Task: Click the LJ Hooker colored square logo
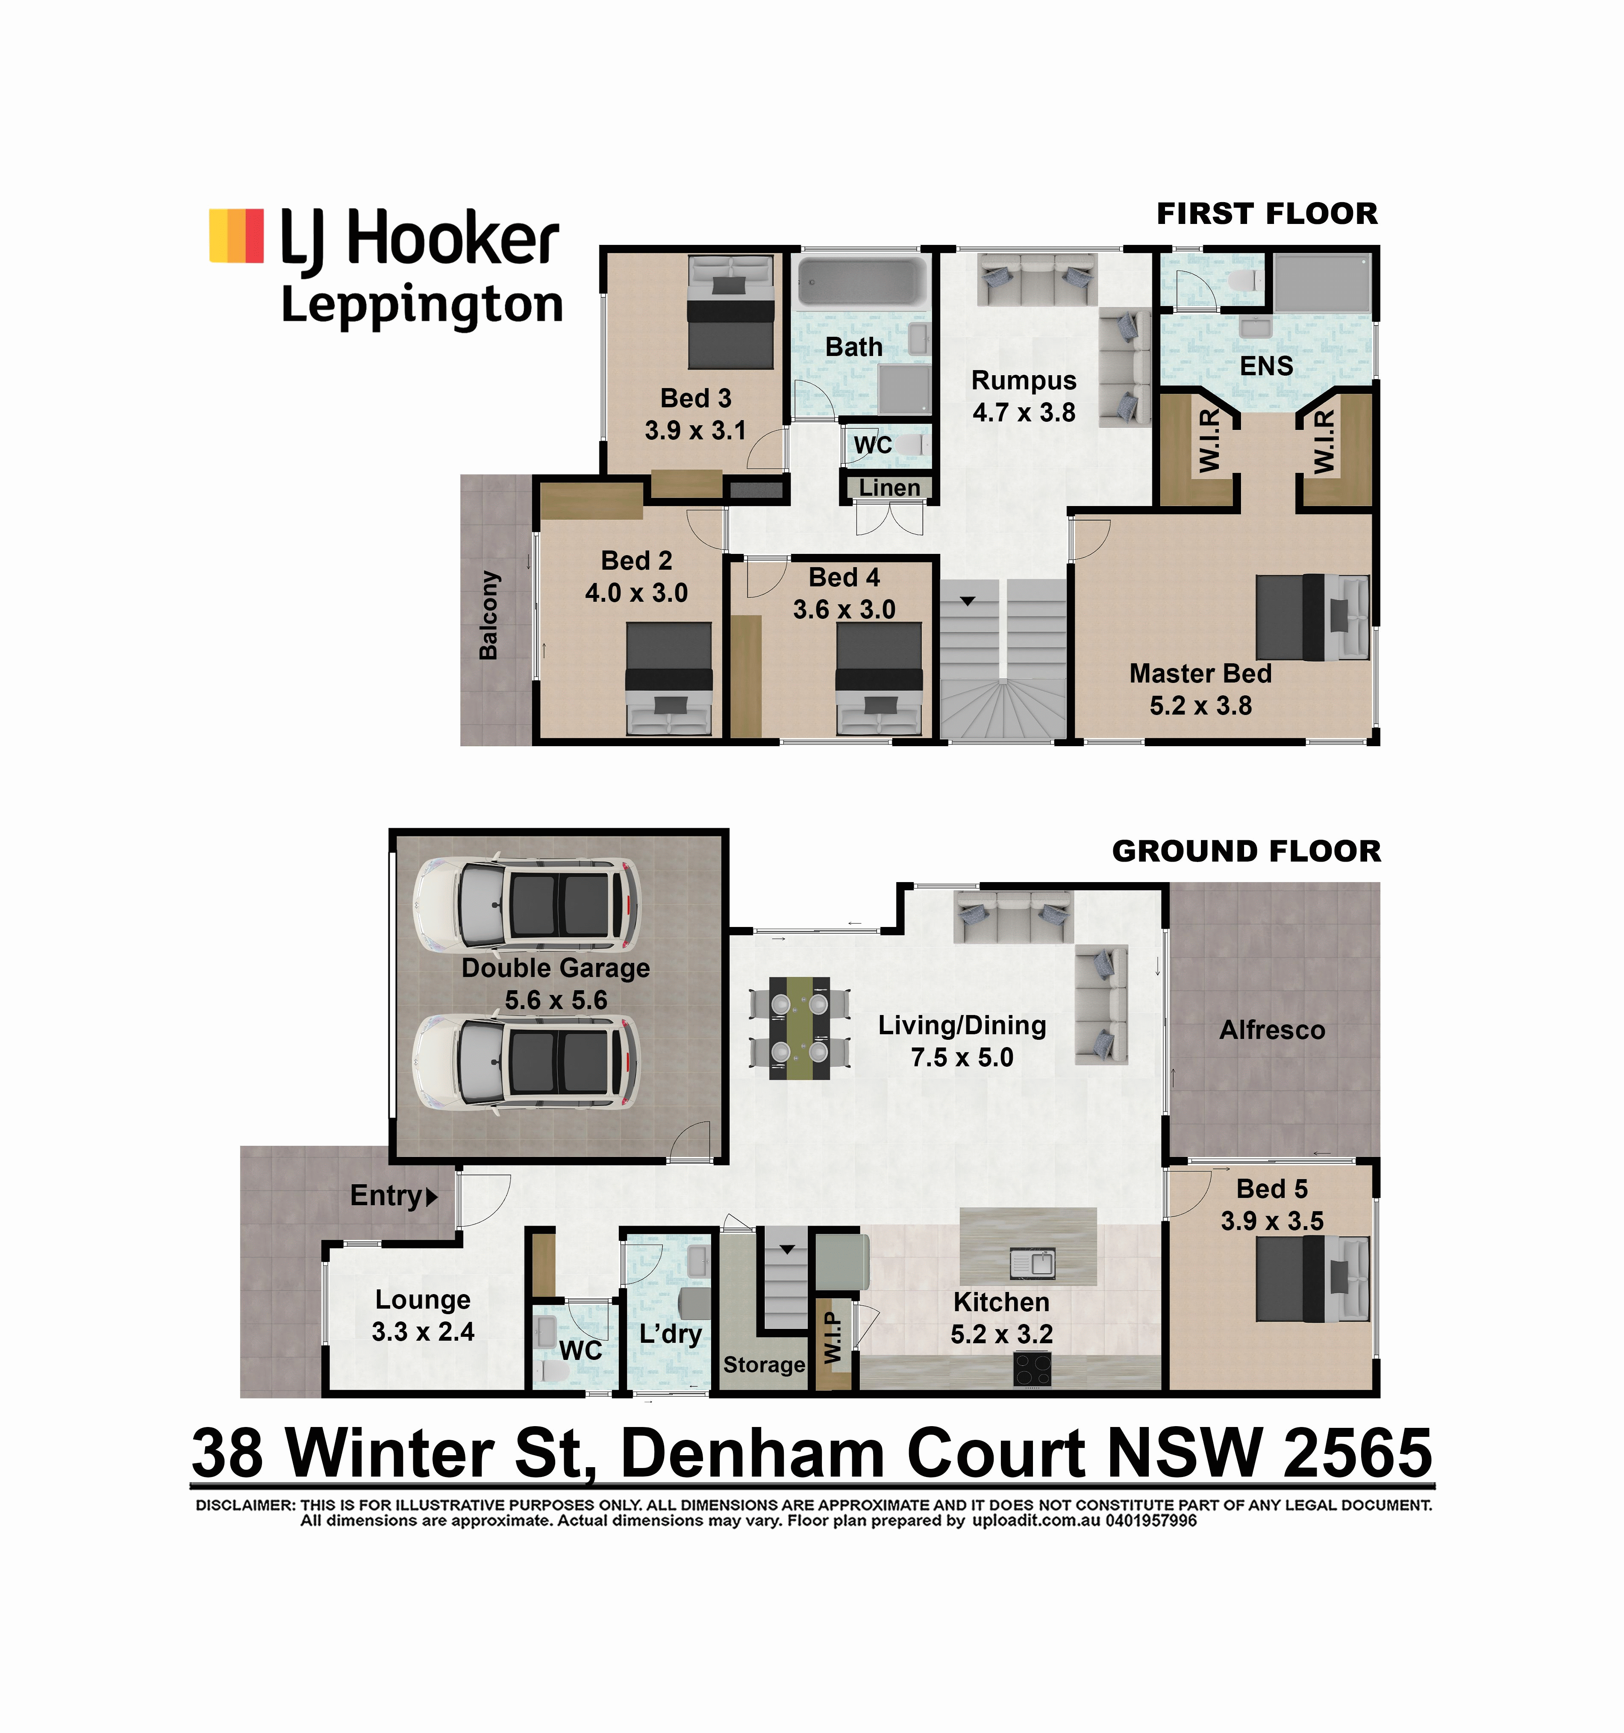pyautogui.click(x=236, y=235)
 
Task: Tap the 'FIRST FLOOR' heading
pyautogui.click(x=1267, y=214)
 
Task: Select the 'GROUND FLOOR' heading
pyautogui.click(x=1247, y=851)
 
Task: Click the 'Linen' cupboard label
pyautogui.click(x=889, y=488)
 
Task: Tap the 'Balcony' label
pyautogui.click(x=489, y=615)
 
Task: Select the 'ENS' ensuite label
pyautogui.click(x=1267, y=366)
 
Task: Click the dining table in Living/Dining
pyautogui.click(x=799, y=1028)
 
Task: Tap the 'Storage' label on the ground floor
pyautogui.click(x=764, y=1365)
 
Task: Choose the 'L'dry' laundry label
pyautogui.click(x=671, y=1334)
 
